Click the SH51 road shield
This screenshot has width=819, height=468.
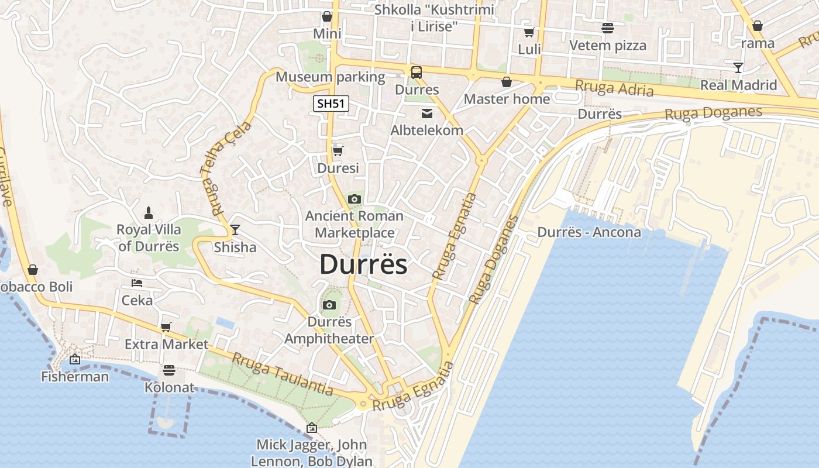point(331,104)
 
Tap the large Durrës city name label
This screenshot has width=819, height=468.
point(363,264)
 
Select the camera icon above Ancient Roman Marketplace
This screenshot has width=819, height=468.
point(354,199)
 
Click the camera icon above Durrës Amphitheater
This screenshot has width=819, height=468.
point(329,305)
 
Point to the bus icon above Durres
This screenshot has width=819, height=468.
point(417,73)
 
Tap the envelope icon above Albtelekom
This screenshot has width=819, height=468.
point(427,113)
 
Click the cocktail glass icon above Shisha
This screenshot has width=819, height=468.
point(235,230)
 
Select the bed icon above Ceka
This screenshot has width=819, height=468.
point(137,284)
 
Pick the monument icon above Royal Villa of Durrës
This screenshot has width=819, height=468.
point(149,212)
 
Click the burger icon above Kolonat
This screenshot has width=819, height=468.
point(169,370)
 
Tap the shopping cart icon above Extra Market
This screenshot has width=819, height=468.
point(166,327)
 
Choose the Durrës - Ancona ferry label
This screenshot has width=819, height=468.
point(589,232)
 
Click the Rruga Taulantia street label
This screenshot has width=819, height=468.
point(283,374)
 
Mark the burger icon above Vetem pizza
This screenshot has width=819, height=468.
point(608,28)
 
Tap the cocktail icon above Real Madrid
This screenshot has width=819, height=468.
point(738,68)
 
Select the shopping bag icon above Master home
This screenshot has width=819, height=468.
point(507,82)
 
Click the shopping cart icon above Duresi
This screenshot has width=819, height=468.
point(338,152)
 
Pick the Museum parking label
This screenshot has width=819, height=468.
point(330,77)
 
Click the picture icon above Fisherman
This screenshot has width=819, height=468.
point(75,359)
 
